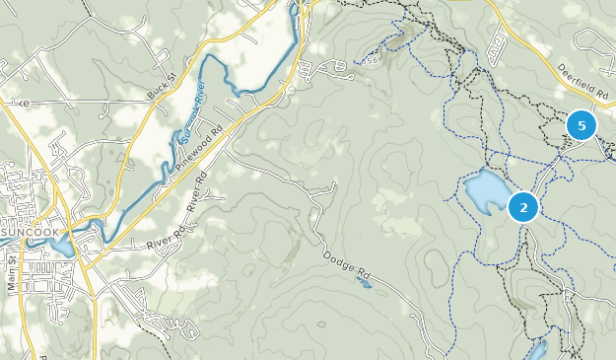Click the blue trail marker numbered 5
[582, 125]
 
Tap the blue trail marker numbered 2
[522, 207]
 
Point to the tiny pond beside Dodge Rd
[365, 285]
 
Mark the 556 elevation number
[370, 61]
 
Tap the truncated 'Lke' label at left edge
[13, 102]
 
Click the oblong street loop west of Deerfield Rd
[498, 41]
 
